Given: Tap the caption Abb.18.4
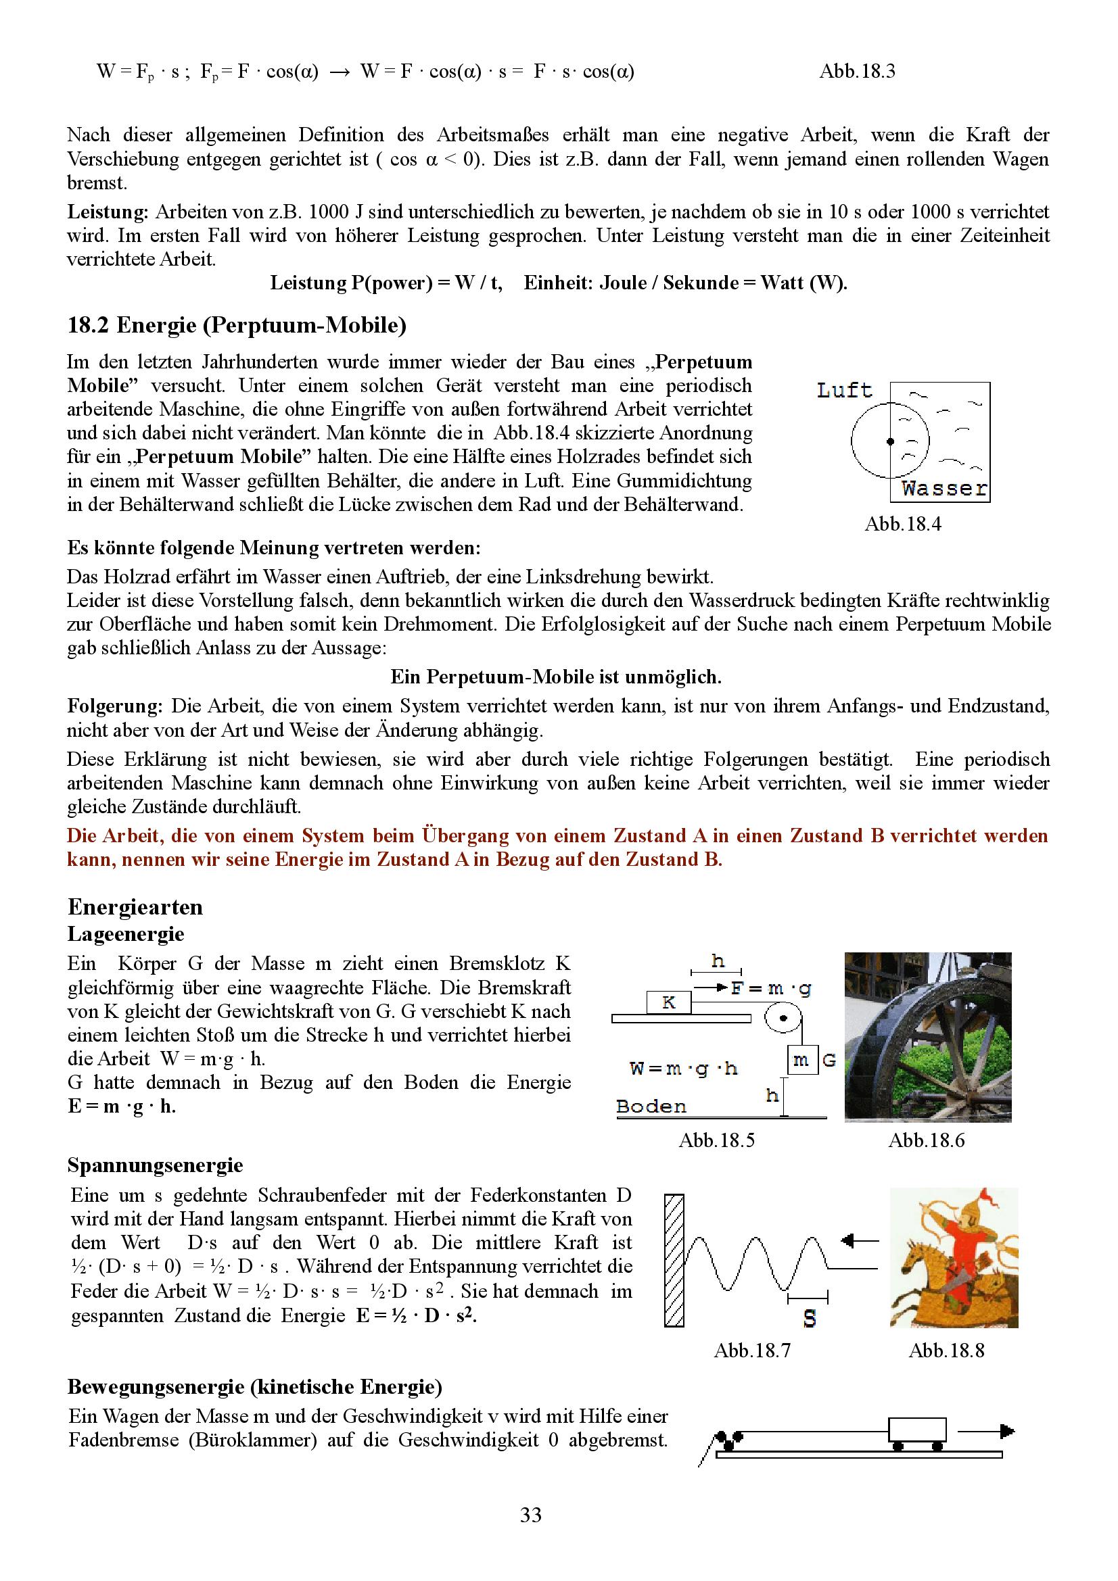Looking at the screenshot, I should coord(902,524).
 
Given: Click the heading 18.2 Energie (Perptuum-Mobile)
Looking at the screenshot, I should coord(236,325).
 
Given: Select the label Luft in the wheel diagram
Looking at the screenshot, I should coord(845,391).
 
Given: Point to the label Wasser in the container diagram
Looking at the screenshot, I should coord(944,489).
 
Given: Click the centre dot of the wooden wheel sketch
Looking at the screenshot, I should coord(890,441).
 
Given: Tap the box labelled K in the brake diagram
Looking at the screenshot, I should coord(668,1002).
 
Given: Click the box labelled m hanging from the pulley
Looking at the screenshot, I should coord(801,1061).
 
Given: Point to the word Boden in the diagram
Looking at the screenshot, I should coord(651,1106).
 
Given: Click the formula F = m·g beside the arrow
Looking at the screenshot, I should coord(771,989).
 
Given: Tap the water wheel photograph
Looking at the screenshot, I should coord(927,1037).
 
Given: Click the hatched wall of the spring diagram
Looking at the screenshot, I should coord(674,1260).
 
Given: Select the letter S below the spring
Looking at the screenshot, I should coord(810,1319).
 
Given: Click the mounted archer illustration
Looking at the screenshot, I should coord(954,1257).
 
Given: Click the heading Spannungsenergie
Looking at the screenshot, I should coord(155,1166).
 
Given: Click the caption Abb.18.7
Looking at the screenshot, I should coord(751,1351).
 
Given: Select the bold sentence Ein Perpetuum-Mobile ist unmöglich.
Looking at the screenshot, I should coord(556,677).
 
